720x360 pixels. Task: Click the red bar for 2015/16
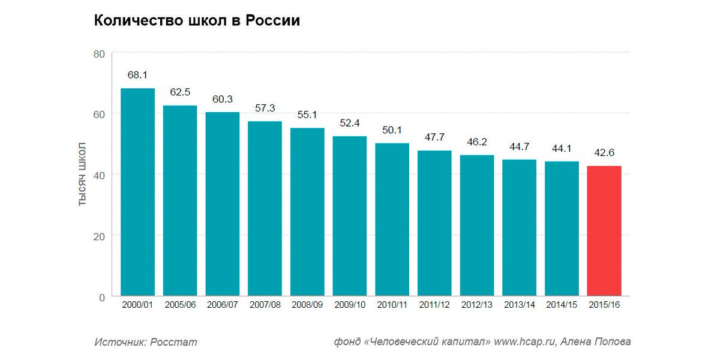604,231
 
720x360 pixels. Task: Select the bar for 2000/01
137,192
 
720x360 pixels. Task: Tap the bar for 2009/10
350,216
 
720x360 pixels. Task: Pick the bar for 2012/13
477,226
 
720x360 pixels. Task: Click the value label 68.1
137,75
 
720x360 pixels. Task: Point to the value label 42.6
604,152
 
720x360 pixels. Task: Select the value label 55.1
307,115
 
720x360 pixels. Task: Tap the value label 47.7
434,137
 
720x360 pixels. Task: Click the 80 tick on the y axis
99,54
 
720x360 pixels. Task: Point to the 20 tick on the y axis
99,236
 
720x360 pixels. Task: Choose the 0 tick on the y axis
101,296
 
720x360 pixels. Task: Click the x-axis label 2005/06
180,305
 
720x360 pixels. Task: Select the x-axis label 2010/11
392,305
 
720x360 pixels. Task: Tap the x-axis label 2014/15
562,305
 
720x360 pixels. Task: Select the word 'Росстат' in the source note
173,342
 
